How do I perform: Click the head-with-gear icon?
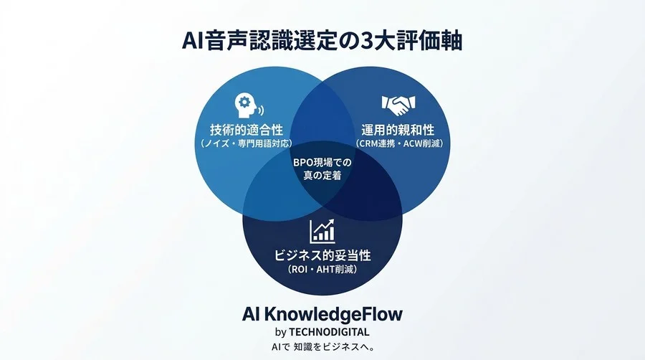pos(249,105)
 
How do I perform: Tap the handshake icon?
pos(398,105)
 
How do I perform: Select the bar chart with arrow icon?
pos(322,231)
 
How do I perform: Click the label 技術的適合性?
pos(247,130)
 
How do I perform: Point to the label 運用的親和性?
pos(398,130)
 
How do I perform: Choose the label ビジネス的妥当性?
pos(322,255)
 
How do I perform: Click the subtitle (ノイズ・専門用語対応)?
pos(247,143)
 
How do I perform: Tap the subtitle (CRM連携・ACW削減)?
pos(399,143)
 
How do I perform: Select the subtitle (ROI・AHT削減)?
pos(322,270)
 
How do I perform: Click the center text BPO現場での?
pos(322,163)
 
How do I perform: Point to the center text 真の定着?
pos(322,176)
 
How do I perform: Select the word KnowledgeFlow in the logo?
pos(333,315)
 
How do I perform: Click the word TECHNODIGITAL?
pos(329,332)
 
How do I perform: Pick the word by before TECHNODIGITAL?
pos(280,333)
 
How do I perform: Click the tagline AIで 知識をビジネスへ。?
pos(322,347)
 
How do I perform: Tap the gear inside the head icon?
pos(244,101)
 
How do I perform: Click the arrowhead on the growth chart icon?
pos(330,222)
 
